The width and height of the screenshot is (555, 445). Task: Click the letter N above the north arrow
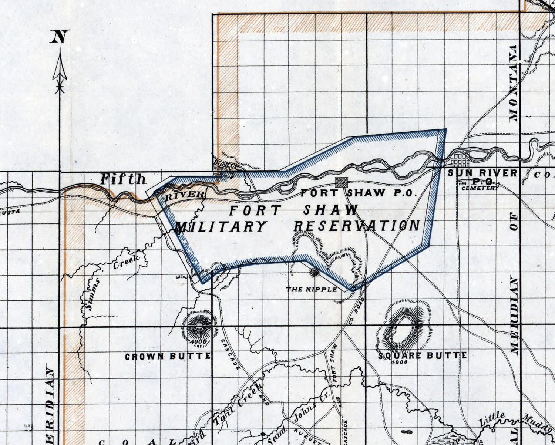[60, 37]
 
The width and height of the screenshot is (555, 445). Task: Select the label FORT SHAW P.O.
[359, 193]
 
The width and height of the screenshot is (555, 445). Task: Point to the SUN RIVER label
[482, 173]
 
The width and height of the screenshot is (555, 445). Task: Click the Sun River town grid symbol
[459, 161]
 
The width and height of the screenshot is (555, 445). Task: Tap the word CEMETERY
[480, 188]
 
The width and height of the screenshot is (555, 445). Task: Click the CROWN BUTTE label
[168, 357]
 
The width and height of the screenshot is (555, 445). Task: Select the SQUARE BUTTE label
[422, 356]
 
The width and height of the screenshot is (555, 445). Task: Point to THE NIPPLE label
[312, 289]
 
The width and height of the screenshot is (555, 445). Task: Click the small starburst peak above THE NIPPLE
[314, 272]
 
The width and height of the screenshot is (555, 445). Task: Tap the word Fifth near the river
[123, 179]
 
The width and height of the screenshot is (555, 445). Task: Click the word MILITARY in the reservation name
[221, 226]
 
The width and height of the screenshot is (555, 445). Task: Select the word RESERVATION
[357, 226]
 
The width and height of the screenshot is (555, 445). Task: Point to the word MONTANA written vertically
[514, 84]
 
